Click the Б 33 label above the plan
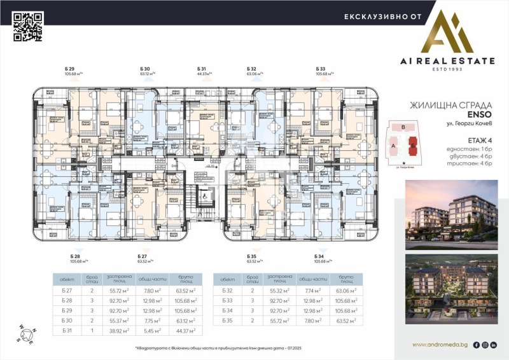pos(321,68)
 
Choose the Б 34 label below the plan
pos(319,256)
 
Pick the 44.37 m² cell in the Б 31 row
pos(184,331)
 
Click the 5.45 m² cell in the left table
pos(153,331)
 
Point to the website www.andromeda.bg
pos(440,345)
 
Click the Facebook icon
pos(476,345)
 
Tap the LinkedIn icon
pos(494,345)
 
